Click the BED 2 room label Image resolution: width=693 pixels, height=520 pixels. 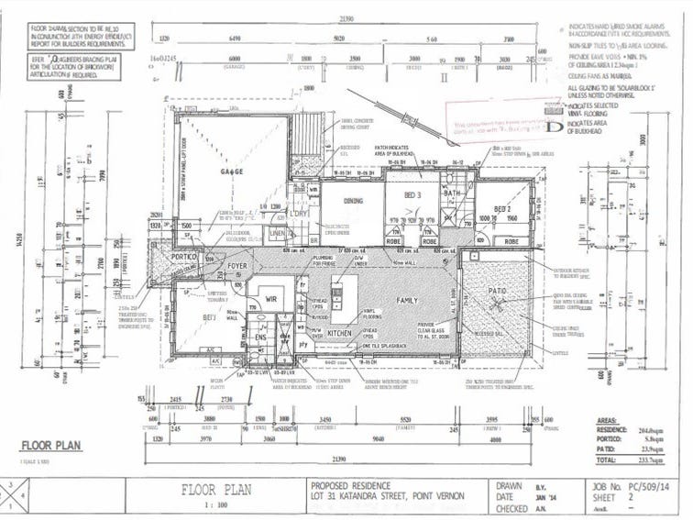click(x=502, y=210)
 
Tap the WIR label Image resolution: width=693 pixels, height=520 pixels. click(x=270, y=298)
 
